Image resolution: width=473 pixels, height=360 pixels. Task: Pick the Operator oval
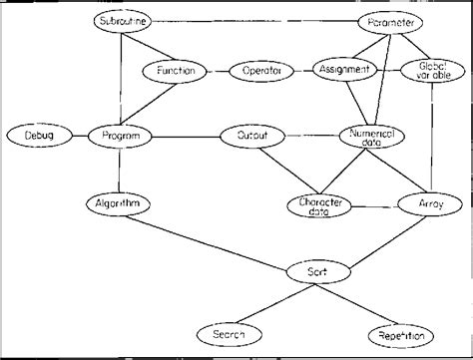click(x=261, y=71)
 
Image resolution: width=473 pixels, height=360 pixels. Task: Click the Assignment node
click(x=345, y=70)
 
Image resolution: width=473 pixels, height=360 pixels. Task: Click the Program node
click(x=120, y=134)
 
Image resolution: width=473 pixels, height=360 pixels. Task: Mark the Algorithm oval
click(x=117, y=204)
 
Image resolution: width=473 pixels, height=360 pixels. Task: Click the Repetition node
click(x=401, y=335)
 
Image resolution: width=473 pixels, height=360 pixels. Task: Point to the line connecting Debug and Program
click(x=79, y=134)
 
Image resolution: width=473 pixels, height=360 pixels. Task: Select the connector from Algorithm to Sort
click(x=215, y=237)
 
